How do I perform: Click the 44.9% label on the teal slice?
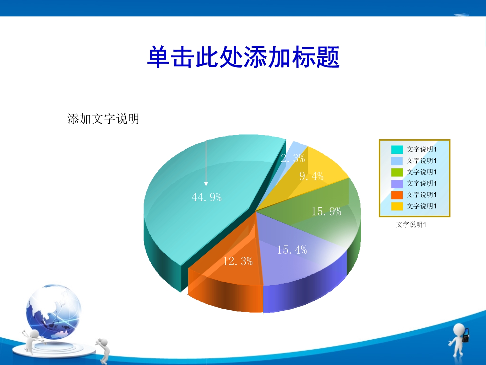(207, 197)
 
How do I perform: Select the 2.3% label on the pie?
(293, 158)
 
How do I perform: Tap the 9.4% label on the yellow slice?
(311, 176)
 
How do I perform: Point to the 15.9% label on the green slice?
(326, 211)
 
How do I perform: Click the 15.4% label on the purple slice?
(292, 250)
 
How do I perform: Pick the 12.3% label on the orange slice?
(238, 261)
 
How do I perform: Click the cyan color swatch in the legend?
(397, 150)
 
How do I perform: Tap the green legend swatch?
(397, 172)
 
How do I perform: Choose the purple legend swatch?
(397, 184)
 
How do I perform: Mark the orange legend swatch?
(397, 195)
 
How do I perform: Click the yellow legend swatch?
(397, 206)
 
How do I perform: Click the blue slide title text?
(243, 57)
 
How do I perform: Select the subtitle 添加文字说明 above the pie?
(103, 119)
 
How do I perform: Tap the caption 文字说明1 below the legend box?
(411, 225)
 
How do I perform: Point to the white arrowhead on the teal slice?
(206, 184)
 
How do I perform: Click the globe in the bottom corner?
(53, 312)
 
